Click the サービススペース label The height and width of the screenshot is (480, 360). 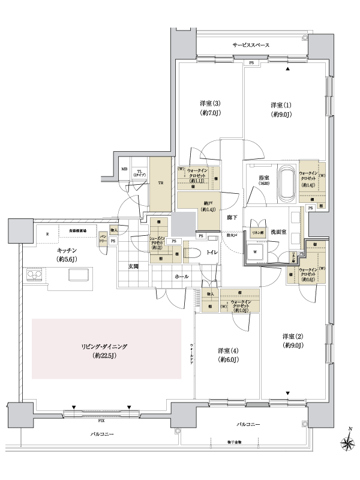click(x=251, y=46)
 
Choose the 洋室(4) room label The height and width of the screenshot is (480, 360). click(x=227, y=354)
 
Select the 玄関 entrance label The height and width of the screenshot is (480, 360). click(x=133, y=266)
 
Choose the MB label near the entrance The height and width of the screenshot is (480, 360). click(x=124, y=170)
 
